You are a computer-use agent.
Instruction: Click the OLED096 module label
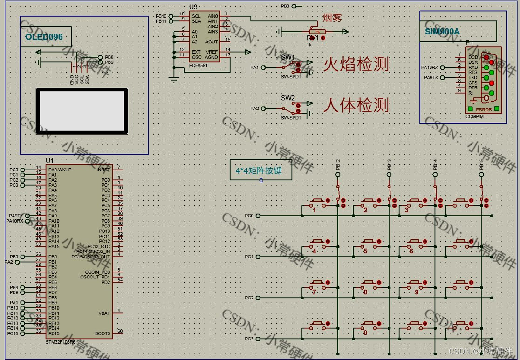click(44, 37)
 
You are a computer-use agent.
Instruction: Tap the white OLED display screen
click(82, 111)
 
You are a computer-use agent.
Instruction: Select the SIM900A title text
click(442, 32)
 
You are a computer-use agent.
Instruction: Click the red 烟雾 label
click(332, 18)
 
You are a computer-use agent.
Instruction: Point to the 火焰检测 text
click(356, 64)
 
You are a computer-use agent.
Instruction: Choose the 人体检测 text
click(356, 105)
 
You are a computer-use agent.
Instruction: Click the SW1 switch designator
click(287, 57)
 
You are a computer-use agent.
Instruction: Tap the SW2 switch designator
click(287, 98)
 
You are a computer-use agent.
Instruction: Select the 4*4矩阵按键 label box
click(261, 170)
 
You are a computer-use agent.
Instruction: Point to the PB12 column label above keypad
click(338, 164)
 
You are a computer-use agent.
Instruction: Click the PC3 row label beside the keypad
click(249, 339)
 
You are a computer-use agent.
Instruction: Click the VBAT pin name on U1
click(104, 313)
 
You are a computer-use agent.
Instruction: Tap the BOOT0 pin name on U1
click(103, 333)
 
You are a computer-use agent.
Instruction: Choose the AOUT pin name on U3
click(211, 42)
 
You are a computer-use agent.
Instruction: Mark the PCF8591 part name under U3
click(198, 66)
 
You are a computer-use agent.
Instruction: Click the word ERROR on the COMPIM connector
click(484, 109)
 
